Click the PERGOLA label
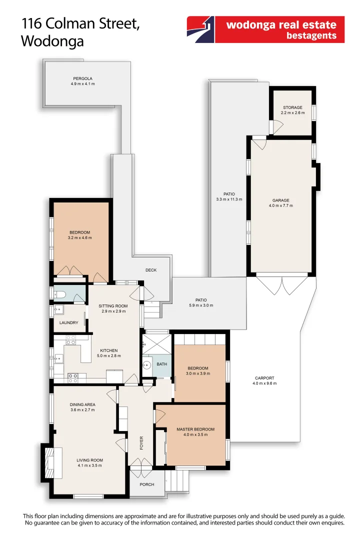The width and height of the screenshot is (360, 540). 82,78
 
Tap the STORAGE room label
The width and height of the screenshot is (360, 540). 292,107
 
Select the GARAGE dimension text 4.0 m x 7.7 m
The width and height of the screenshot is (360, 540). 280,205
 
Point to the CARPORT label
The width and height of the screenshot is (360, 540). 264,378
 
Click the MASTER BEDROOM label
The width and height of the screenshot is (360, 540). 195,429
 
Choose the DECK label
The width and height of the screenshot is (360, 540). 151,270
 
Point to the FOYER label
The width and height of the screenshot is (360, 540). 141,442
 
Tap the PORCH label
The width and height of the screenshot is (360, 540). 147,484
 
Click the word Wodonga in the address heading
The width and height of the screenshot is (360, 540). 52,42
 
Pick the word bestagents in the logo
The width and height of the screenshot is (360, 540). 311,36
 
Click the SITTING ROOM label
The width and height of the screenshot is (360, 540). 112,306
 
